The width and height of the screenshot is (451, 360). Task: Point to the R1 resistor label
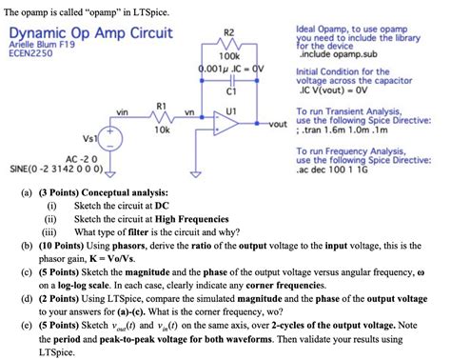point(161,106)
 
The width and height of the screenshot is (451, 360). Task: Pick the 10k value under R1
point(161,130)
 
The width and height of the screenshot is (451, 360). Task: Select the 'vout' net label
point(277,125)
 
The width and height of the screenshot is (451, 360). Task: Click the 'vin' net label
point(122,112)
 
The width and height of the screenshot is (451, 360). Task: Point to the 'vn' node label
point(189,112)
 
